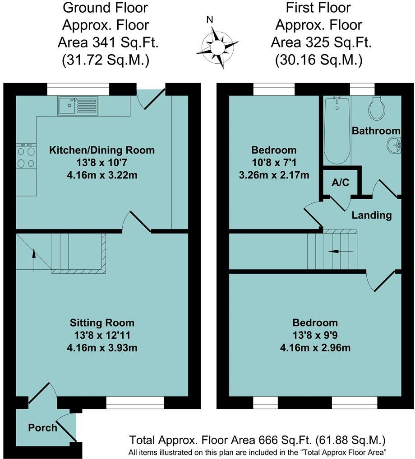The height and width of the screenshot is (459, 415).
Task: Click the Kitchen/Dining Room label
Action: pyautogui.click(x=102, y=150)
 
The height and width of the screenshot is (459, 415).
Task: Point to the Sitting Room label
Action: pyautogui.click(x=102, y=323)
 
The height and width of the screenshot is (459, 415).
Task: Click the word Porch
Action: pyautogui.click(x=43, y=427)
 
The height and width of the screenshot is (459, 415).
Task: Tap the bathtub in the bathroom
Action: pyautogui.click(x=337, y=131)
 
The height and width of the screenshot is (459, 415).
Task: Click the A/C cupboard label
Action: pyautogui.click(x=340, y=183)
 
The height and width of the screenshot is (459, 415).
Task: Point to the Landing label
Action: pyautogui.click(x=372, y=215)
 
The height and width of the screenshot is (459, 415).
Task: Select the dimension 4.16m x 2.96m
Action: pyautogui.click(x=315, y=348)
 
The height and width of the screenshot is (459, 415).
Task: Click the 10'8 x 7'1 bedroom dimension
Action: pyautogui.click(x=274, y=162)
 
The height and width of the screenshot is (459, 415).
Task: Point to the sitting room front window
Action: pyautogui.click(x=135, y=402)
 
